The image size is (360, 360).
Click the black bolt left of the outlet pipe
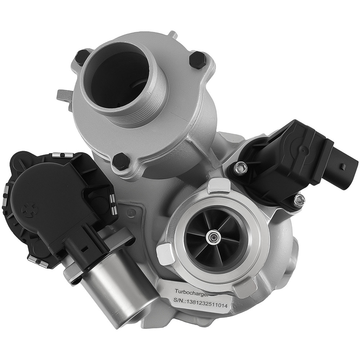coord(82,57)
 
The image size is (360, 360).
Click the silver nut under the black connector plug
coord(298,200)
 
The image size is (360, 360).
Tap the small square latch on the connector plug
coord(343,167)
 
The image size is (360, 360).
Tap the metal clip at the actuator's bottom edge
coord(38,261)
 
